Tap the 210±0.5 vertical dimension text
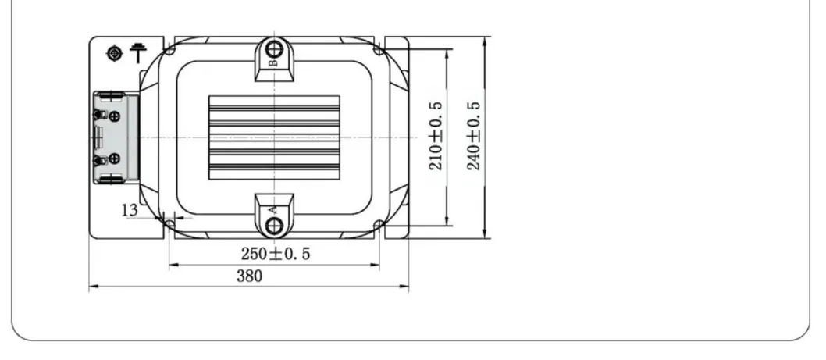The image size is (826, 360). tap(436, 136)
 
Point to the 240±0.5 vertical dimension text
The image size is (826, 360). tap(473, 136)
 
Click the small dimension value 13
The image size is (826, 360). tap(130, 209)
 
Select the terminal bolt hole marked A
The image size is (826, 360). tap(274, 226)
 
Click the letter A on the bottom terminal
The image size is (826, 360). tap(273, 209)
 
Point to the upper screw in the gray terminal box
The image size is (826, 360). tap(115, 116)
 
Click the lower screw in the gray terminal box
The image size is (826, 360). tap(115, 159)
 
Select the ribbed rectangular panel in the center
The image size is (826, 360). tap(274, 137)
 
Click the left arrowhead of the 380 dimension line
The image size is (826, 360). tap(92, 287)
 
